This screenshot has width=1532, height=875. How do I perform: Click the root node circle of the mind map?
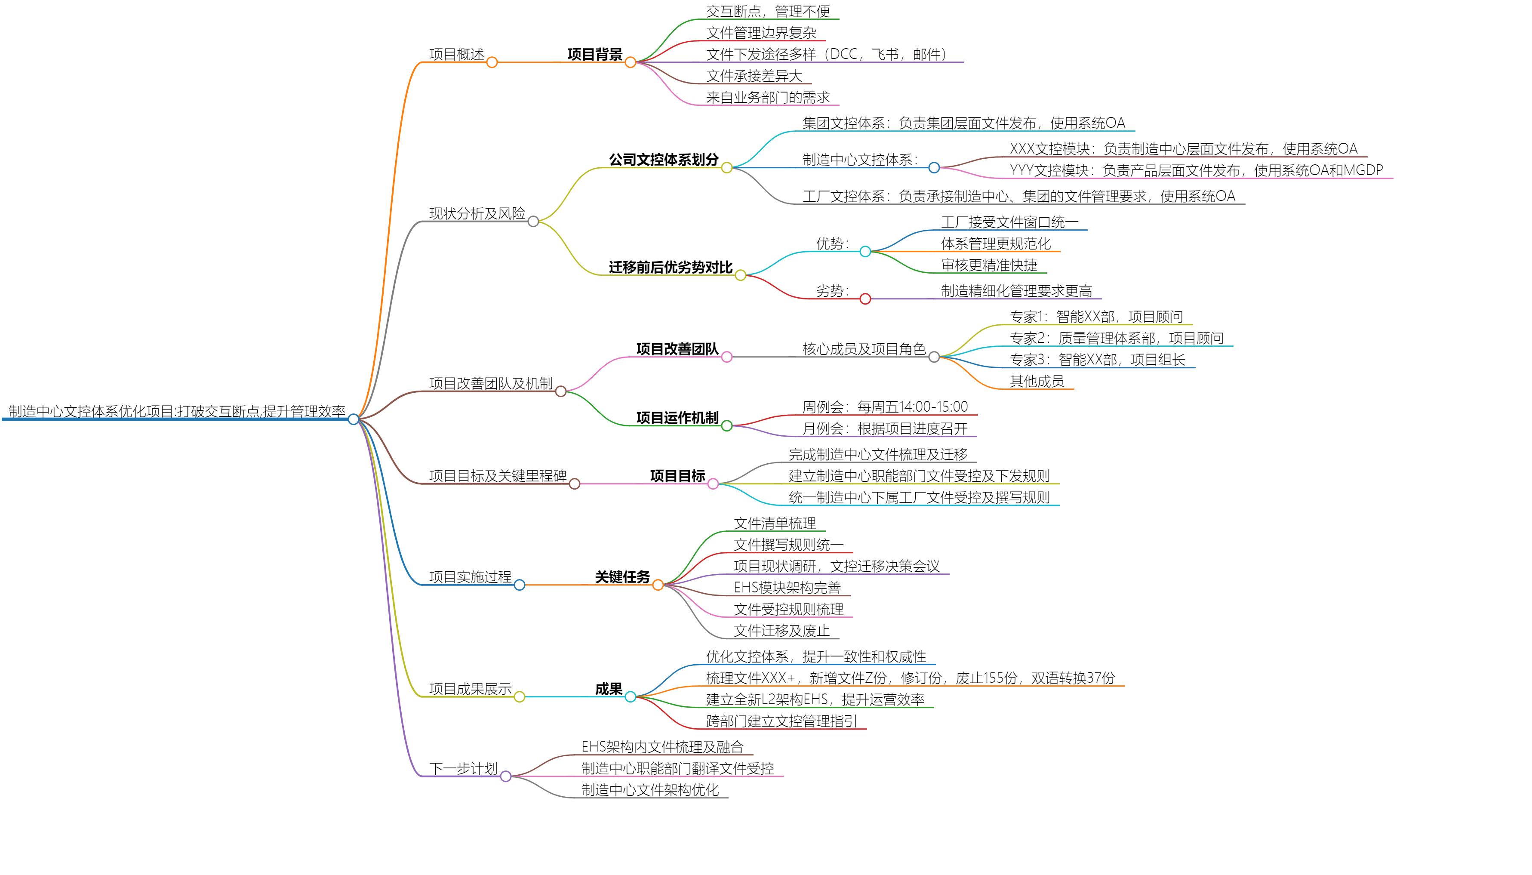[353, 419]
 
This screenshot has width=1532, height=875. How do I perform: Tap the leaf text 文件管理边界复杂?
[760, 32]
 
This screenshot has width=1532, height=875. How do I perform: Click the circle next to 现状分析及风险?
[533, 221]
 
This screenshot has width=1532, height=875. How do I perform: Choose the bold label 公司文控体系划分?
[663, 159]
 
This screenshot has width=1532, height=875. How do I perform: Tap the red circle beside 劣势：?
[864, 299]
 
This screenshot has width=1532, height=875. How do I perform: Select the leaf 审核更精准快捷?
[988, 265]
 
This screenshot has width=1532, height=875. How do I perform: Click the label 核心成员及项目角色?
[863, 348]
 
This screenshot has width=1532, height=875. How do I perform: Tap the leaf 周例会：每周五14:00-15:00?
[884, 407]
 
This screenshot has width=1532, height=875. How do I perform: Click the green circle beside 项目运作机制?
[726, 425]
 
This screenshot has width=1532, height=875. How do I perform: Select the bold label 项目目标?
[677, 476]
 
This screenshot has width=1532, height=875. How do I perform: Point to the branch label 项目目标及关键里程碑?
[498, 476]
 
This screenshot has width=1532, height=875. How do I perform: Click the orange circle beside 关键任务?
[658, 585]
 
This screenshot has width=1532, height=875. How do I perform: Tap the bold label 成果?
[608, 689]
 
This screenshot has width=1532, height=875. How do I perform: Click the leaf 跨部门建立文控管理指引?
[781, 721]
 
